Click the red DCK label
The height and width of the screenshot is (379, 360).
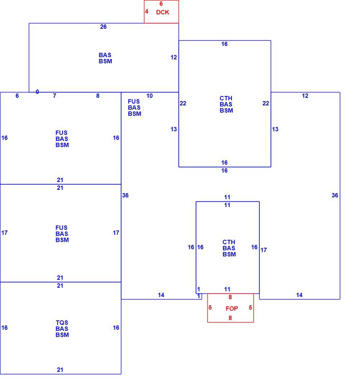[162, 12]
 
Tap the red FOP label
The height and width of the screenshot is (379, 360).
[231, 309]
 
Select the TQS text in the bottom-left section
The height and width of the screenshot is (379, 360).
[62, 323]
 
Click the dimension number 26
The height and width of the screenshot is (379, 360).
[103, 27]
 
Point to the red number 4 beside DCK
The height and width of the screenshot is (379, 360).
[147, 12]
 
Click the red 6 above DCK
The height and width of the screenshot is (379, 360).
[161, 4]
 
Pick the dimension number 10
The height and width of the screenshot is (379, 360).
[149, 96]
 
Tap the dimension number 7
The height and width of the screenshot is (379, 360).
[55, 96]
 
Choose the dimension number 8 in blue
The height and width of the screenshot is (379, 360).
[98, 96]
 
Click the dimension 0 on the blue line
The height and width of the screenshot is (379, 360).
[37, 92]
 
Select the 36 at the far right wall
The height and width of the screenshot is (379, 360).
[335, 195]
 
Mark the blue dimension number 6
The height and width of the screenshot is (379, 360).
[17, 96]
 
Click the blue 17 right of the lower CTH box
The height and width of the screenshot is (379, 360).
[264, 250]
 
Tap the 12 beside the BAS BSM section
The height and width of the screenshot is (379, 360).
[174, 57]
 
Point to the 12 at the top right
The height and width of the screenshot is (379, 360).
[305, 96]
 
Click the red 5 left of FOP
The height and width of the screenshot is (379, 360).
[210, 307]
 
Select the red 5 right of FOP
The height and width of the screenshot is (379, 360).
[251, 307]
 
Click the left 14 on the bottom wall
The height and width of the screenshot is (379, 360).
[161, 295]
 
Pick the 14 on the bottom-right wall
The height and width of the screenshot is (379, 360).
[299, 295]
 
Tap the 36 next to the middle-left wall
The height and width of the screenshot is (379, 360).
[125, 195]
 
